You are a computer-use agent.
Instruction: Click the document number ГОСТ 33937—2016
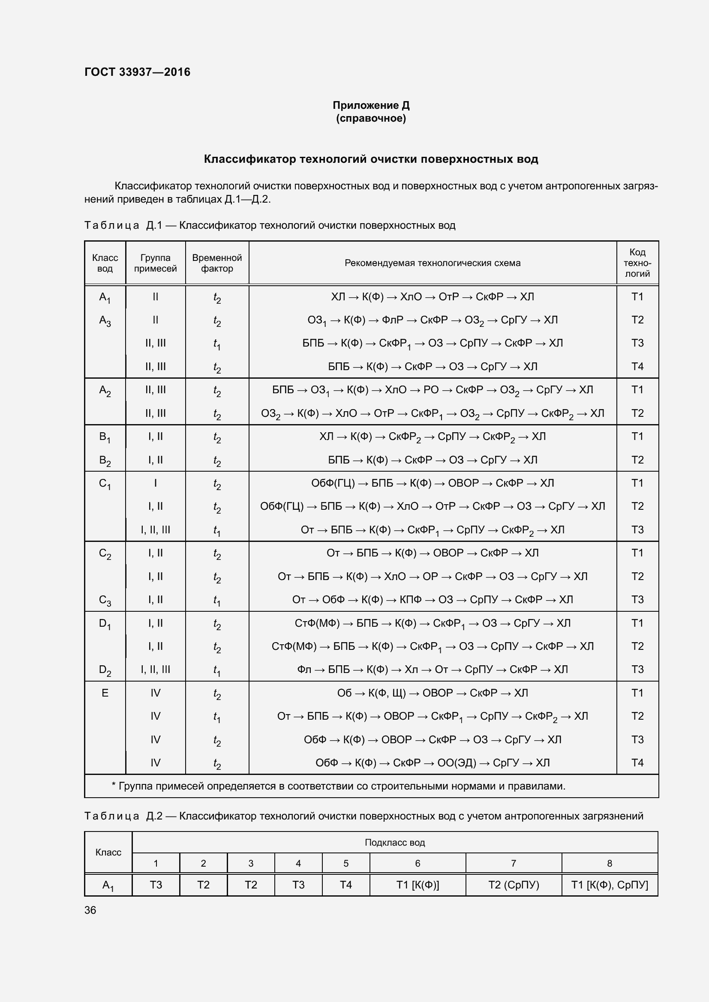[x=137, y=72]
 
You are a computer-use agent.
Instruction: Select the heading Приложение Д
[x=371, y=105]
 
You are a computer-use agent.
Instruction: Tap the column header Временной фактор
[x=217, y=263]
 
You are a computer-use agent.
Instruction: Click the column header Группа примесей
[x=156, y=263]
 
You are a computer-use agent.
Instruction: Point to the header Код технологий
[x=637, y=263]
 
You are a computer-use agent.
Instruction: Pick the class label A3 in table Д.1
[x=105, y=321]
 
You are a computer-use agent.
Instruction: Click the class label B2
[x=105, y=461]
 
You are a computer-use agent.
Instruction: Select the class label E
[x=105, y=693]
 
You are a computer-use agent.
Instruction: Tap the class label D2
[x=105, y=670]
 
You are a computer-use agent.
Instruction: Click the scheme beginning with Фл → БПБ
[x=432, y=670]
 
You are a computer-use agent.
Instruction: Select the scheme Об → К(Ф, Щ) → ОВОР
[x=432, y=693]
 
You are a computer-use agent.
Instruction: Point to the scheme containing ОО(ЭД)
[x=432, y=763]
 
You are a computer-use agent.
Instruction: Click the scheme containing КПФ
[x=432, y=600]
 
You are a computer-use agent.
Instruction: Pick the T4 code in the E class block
[x=637, y=763]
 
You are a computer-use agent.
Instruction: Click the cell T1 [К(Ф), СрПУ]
[x=610, y=885]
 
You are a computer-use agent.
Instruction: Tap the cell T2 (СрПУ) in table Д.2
[x=514, y=885]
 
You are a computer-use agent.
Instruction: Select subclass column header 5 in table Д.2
[x=346, y=863]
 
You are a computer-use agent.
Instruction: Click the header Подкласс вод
[x=395, y=842]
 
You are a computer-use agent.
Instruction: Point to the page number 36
[x=90, y=910]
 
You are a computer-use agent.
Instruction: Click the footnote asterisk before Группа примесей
[x=114, y=787]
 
